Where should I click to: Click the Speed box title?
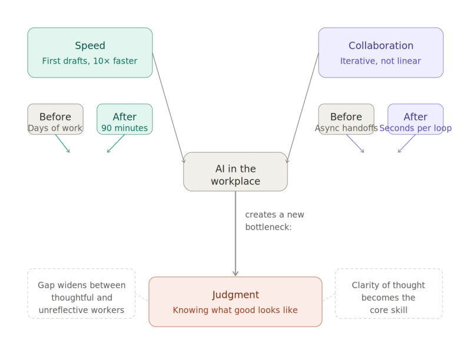tap(90, 46)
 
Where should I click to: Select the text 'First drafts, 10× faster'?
tap(90, 61)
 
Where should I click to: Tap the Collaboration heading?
tap(381, 46)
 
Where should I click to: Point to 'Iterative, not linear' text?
tap(381, 61)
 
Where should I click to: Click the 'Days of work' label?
tap(55, 128)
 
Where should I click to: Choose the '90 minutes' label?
tap(125, 128)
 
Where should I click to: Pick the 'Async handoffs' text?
tap(346, 128)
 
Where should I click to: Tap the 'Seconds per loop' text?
tap(416, 128)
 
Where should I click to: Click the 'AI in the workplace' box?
tap(235, 172)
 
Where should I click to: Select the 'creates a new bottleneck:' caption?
tap(274, 221)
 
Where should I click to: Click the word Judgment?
tap(235, 295)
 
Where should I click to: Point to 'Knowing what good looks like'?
tap(235, 310)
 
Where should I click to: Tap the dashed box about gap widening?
tap(81, 294)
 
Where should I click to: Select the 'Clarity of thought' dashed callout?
tap(389, 294)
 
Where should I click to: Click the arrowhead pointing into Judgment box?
tap(235, 273)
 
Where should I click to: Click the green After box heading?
tap(125, 116)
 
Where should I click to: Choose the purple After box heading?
tap(416, 116)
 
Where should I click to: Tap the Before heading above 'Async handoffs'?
tap(346, 116)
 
